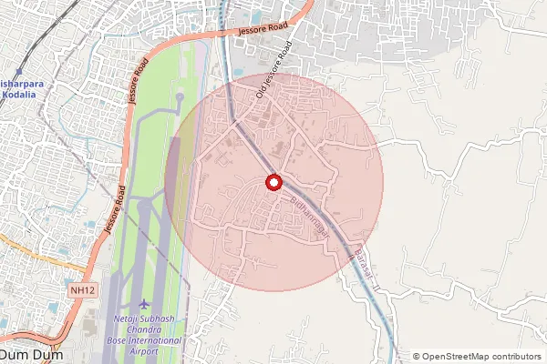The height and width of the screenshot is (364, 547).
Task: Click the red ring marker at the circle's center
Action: [273, 182]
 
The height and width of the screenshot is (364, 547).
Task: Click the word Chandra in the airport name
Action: [147, 329]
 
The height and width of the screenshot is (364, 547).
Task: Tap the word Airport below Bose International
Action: [147, 350]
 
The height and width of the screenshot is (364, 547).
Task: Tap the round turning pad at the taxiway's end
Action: [181, 95]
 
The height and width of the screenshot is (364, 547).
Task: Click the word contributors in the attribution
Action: [514, 357]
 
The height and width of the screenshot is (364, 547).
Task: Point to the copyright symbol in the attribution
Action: [417, 357]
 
